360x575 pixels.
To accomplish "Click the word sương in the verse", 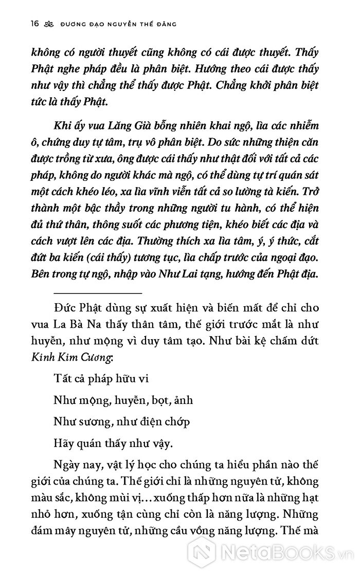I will (88, 421).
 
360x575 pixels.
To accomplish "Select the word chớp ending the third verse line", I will (176, 421).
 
